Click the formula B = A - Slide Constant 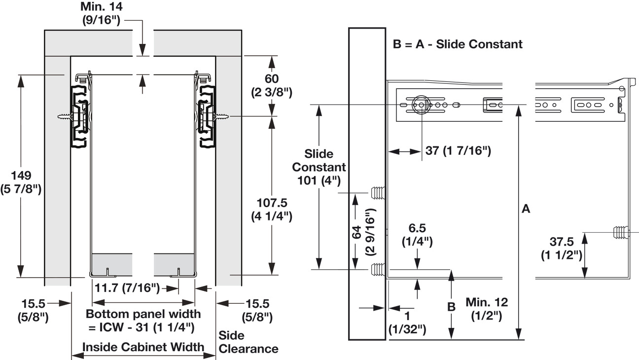coord(457,44)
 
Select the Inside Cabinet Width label coord(143,347)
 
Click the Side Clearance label coord(248,342)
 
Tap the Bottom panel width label coord(143,320)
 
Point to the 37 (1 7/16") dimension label coord(458,151)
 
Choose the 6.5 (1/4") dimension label coord(417,235)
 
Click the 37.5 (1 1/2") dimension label coord(562,249)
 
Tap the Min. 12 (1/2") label coord(486,309)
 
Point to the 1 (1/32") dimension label coord(407,323)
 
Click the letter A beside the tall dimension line coord(526,209)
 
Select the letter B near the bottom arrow coord(451,307)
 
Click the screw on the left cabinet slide coord(67,117)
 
